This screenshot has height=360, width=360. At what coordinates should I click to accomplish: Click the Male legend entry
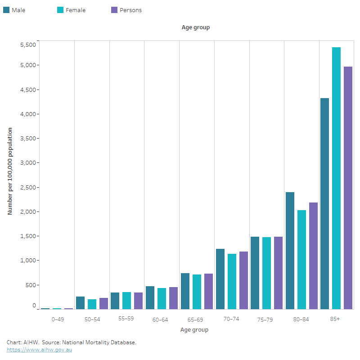14,10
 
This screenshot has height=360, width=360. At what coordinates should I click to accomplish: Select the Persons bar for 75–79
278,273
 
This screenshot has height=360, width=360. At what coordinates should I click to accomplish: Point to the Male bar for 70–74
220,279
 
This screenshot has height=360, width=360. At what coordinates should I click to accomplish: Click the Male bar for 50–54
80,303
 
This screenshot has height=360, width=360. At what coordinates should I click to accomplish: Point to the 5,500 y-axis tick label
27,44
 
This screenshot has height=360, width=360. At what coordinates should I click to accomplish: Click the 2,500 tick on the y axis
27,187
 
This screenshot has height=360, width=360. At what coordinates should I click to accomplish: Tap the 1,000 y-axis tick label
27,260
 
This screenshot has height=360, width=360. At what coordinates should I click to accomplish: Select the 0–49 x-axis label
57,319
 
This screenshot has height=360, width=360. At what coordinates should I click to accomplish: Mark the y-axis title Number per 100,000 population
10,171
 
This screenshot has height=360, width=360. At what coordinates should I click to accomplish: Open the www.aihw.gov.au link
39,350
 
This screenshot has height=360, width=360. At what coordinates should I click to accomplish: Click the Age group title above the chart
195,27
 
